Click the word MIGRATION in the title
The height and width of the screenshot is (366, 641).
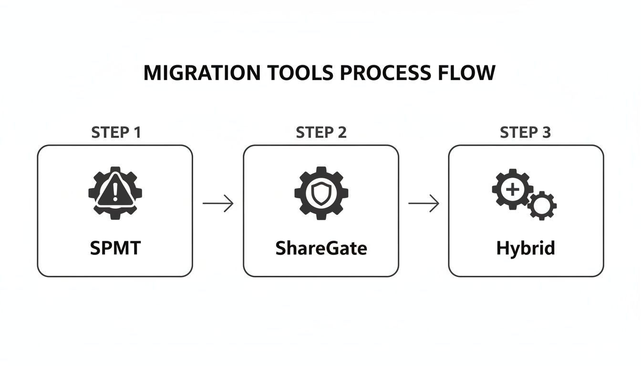pos(202,73)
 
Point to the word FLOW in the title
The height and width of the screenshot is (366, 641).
pos(468,73)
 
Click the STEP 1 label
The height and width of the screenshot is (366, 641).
pos(116,132)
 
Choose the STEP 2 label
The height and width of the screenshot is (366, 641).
pos(321,132)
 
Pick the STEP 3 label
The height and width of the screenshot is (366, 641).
pos(525,132)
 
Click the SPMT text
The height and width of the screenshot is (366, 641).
pos(115,248)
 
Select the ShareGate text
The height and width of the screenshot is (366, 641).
pos(321,248)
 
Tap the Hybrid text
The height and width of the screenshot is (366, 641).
pos(526,249)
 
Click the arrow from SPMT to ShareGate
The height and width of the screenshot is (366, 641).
pos(218,203)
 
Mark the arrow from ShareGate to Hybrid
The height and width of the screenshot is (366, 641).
pos(424,203)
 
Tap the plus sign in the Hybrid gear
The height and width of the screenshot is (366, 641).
pos(512,190)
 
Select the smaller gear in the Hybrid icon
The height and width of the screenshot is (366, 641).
pos(541,206)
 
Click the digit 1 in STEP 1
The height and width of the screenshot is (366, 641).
pos(137,132)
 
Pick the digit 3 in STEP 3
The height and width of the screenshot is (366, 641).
pos(546,132)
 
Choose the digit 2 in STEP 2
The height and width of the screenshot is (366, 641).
pos(341,132)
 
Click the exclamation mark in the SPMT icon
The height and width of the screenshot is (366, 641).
pos(115,193)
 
